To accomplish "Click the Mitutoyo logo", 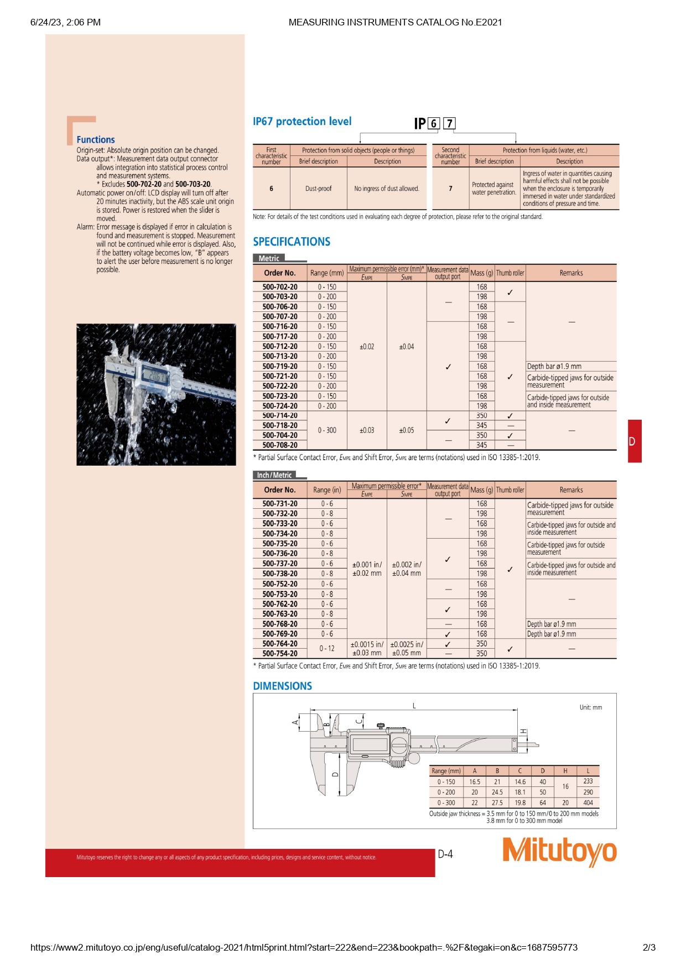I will (x=559, y=851).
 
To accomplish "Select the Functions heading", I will (x=96, y=140).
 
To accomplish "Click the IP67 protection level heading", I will (x=302, y=122).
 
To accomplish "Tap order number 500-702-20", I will (x=280, y=287).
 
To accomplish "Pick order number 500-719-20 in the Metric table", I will (x=280, y=366).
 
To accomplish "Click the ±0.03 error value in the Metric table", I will (x=367, y=430).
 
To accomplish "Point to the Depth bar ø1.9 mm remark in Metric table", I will (x=554, y=366).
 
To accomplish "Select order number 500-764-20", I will (x=280, y=644).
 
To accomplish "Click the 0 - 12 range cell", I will (x=327, y=648).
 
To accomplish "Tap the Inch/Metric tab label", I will (x=274, y=475).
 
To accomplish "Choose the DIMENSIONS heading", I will (x=282, y=686).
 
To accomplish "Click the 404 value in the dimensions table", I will (x=588, y=802).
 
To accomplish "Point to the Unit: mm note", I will (x=591, y=707).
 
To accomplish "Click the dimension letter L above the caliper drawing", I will (x=414, y=706).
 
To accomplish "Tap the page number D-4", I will (x=445, y=854).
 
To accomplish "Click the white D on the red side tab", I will (x=632, y=442).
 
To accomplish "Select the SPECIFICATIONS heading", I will (x=292, y=242).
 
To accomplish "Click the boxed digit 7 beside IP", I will (x=450, y=123).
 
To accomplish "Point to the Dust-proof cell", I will (x=319, y=189).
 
